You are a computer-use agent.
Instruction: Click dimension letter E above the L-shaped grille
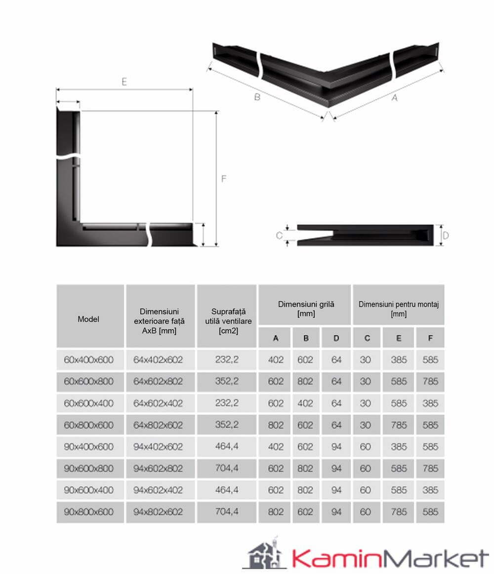click(124, 81)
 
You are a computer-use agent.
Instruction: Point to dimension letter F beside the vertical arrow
click(224, 179)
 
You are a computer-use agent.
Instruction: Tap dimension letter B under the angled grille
click(257, 97)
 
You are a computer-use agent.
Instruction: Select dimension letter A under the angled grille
click(394, 97)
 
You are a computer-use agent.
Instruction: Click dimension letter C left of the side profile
click(279, 235)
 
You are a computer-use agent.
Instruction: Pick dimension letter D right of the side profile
click(446, 235)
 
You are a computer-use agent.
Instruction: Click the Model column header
click(88, 319)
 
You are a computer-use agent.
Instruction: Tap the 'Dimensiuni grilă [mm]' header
click(306, 308)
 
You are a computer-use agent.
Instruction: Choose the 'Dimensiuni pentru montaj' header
click(399, 304)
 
